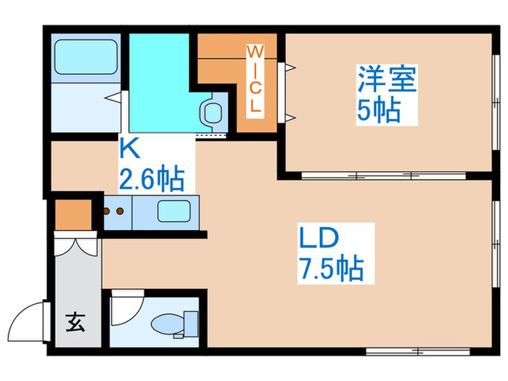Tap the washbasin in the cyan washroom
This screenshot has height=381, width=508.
213,112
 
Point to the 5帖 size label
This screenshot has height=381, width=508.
379,110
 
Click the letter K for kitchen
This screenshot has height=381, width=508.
129,148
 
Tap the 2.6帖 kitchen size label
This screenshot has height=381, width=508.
152,177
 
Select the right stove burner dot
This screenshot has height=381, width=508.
119,212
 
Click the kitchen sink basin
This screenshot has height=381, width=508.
173,213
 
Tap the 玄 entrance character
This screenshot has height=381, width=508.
75,321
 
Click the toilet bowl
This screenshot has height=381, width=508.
168,321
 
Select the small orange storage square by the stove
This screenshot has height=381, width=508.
73,213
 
